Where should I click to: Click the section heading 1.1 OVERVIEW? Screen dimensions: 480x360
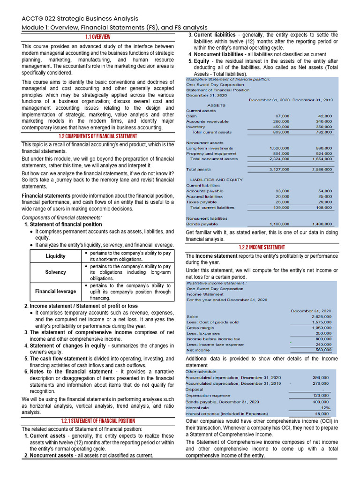point(97,37)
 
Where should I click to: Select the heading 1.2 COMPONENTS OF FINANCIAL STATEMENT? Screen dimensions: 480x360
point(97,136)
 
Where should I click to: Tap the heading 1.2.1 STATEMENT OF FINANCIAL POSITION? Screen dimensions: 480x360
point(97,421)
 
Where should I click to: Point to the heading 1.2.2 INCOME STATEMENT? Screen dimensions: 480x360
point(262,247)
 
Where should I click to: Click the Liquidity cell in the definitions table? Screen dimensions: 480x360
point(55,256)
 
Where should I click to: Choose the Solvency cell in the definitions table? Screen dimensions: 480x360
point(55,272)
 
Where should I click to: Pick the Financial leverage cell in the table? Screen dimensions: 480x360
point(55,291)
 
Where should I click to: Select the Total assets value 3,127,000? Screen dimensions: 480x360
point(278,169)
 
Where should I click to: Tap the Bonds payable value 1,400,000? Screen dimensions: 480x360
point(322,224)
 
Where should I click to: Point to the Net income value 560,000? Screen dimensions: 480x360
point(323,350)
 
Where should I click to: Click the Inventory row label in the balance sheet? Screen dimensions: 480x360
point(195,127)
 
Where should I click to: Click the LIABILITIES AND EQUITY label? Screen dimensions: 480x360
point(216,180)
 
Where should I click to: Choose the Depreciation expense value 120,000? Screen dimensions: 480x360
point(321,395)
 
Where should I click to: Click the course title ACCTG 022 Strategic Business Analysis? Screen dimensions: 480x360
point(80,18)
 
